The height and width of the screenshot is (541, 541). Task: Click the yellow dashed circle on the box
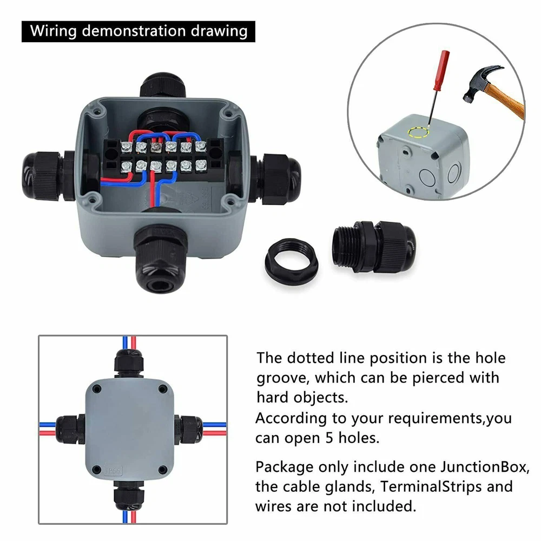pyautogui.click(x=418, y=132)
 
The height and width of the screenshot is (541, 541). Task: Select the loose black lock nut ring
pyautogui.click(x=292, y=261)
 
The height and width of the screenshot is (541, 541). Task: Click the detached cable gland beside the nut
pyautogui.click(x=374, y=246)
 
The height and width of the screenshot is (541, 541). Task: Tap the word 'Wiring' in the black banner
pyautogui.click(x=53, y=31)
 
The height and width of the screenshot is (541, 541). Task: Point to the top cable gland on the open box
pyautogui.click(x=162, y=84)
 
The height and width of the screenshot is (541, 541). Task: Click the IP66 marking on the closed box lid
pyautogui.click(x=113, y=471)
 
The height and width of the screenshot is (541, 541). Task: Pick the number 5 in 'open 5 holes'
pyautogui.click(x=330, y=438)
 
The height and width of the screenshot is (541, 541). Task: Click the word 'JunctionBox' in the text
pyautogui.click(x=484, y=467)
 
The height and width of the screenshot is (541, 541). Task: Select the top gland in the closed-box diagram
pyautogui.click(x=128, y=364)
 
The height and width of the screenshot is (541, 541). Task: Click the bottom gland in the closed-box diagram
pyautogui.click(x=128, y=493)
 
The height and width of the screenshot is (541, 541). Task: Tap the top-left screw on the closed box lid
pyautogui.click(x=97, y=390)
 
